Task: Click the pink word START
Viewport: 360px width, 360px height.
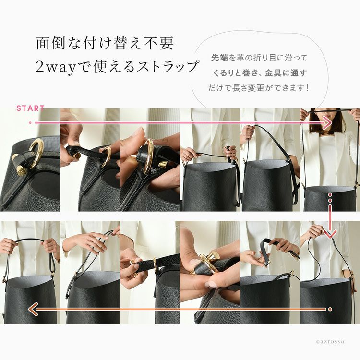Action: (x=30, y=108)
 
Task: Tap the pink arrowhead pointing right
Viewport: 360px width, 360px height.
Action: (x=327, y=123)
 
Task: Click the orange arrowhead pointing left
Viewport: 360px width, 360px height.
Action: (x=33, y=309)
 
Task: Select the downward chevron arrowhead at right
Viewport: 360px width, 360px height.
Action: (x=330, y=235)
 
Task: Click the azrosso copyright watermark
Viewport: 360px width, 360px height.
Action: (x=330, y=342)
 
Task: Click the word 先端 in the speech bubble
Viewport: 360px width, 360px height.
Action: (x=219, y=58)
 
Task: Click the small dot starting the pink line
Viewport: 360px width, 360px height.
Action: (x=30, y=123)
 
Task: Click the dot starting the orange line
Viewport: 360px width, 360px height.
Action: (x=330, y=309)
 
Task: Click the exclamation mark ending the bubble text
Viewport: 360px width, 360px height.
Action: (x=308, y=88)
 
